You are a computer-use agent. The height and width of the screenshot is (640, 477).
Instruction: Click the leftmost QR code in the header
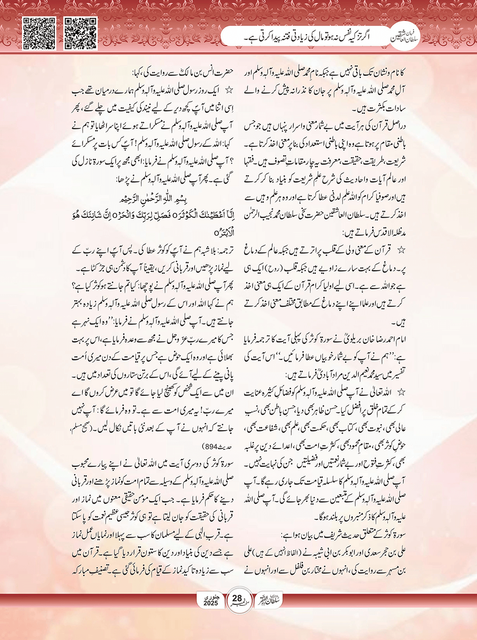click(40, 33)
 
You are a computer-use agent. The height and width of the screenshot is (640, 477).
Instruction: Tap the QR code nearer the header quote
click(80, 33)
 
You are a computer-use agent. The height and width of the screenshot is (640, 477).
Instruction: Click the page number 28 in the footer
click(237, 598)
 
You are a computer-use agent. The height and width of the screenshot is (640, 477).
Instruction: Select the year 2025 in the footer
click(211, 603)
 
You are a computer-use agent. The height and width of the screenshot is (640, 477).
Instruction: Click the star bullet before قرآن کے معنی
click(401, 250)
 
